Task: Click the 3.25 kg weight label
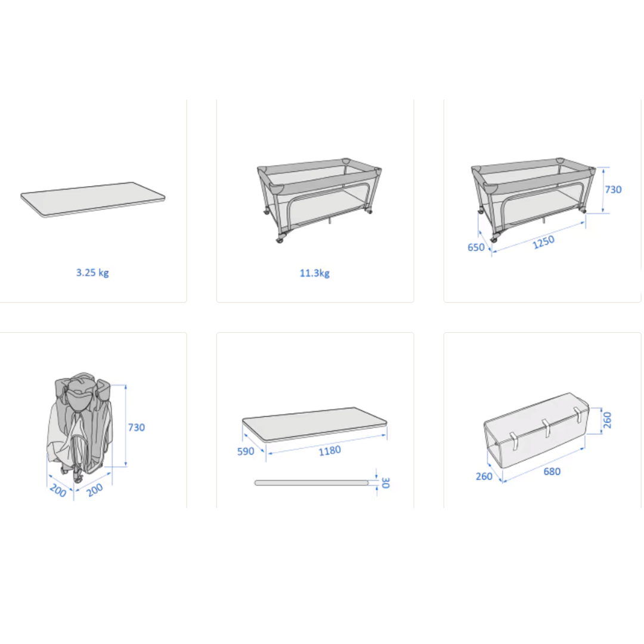click(x=92, y=273)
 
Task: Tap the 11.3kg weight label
click(x=315, y=273)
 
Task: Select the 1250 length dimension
click(x=543, y=242)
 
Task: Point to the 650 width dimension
click(x=476, y=247)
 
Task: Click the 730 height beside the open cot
click(x=613, y=190)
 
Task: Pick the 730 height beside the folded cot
click(x=137, y=428)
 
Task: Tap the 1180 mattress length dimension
click(x=330, y=451)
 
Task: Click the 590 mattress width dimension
click(x=246, y=451)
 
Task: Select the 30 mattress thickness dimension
click(x=385, y=482)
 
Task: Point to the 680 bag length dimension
click(x=552, y=472)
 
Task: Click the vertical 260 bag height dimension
click(x=608, y=420)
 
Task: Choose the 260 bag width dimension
click(x=484, y=476)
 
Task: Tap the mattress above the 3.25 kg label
click(x=93, y=200)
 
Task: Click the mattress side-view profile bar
click(x=312, y=483)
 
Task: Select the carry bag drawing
click(x=537, y=430)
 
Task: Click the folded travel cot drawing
click(x=79, y=427)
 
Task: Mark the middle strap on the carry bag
click(x=546, y=428)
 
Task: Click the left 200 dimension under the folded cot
click(x=58, y=490)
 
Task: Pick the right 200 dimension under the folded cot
click(x=95, y=490)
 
